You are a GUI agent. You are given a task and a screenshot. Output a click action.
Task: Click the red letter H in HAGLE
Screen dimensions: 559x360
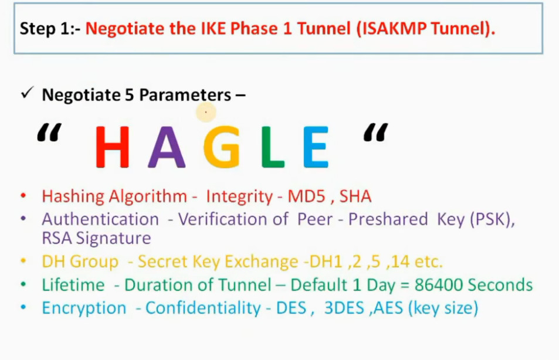pyautogui.click(x=112, y=147)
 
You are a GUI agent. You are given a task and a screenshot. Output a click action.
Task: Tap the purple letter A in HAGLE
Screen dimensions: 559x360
pyautogui.click(x=167, y=147)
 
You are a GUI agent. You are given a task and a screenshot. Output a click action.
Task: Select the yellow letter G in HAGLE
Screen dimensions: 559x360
pyautogui.click(x=222, y=147)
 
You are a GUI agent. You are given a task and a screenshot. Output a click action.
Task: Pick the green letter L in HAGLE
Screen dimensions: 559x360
pyautogui.click(x=273, y=147)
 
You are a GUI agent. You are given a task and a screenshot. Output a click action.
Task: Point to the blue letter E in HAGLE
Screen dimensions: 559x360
pyautogui.click(x=316, y=147)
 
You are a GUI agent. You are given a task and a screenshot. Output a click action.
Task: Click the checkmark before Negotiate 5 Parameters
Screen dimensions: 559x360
pyautogui.click(x=27, y=93)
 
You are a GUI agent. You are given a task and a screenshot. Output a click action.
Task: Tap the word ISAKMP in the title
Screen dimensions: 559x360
pyautogui.click(x=394, y=29)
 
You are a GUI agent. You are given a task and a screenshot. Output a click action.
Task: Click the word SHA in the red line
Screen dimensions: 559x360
pyautogui.click(x=355, y=196)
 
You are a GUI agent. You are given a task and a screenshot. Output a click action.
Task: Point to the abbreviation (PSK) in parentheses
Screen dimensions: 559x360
pyautogui.click(x=490, y=219)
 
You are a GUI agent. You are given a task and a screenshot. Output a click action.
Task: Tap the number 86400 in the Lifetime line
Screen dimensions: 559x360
pyautogui.click(x=439, y=285)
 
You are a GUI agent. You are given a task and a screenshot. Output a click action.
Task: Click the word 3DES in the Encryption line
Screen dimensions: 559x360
pyautogui.click(x=344, y=308)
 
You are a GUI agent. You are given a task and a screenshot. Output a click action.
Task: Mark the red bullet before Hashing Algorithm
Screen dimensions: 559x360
pyautogui.click(x=23, y=195)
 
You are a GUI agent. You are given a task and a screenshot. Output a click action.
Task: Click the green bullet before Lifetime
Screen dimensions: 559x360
pyautogui.click(x=23, y=284)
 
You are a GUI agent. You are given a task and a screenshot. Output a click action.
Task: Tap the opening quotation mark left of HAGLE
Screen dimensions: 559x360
pyautogui.click(x=49, y=133)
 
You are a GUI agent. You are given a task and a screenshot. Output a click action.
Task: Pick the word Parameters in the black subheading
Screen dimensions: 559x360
pyautogui.click(x=185, y=95)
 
